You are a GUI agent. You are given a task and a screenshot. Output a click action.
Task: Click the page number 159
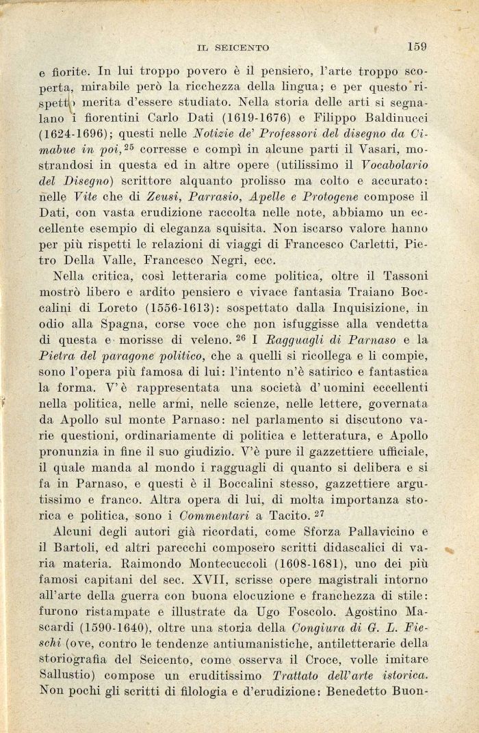click(x=416, y=46)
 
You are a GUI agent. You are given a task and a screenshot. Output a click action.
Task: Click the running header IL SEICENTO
click(x=233, y=48)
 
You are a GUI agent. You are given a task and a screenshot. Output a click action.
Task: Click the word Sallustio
click(x=66, y=672)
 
